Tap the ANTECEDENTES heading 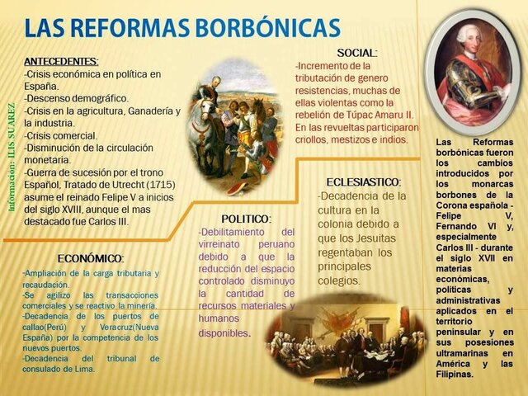point(61,61)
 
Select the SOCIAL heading point(357,53)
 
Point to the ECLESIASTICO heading point(364,181)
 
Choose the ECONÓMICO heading point(91,258)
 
